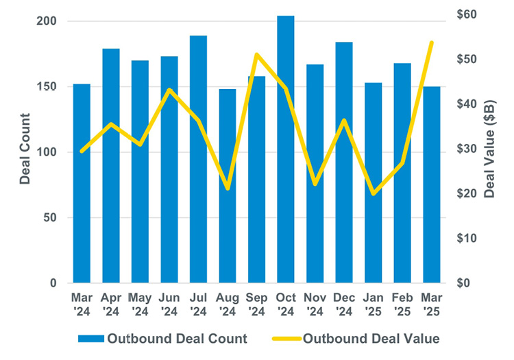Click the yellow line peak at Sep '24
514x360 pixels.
click(256, 54)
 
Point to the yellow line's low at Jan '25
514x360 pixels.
click(374, 194)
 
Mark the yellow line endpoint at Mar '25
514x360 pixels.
click(432, 43)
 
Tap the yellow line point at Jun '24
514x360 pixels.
click(169, 90)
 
